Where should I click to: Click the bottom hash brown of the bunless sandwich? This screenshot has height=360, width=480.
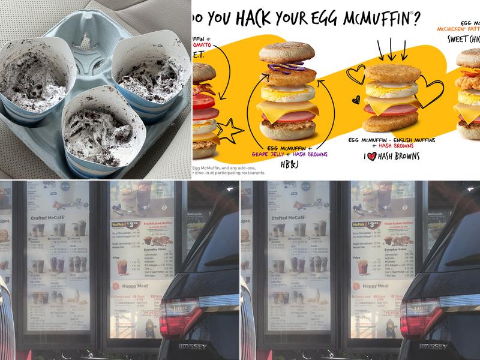point(390,123)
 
